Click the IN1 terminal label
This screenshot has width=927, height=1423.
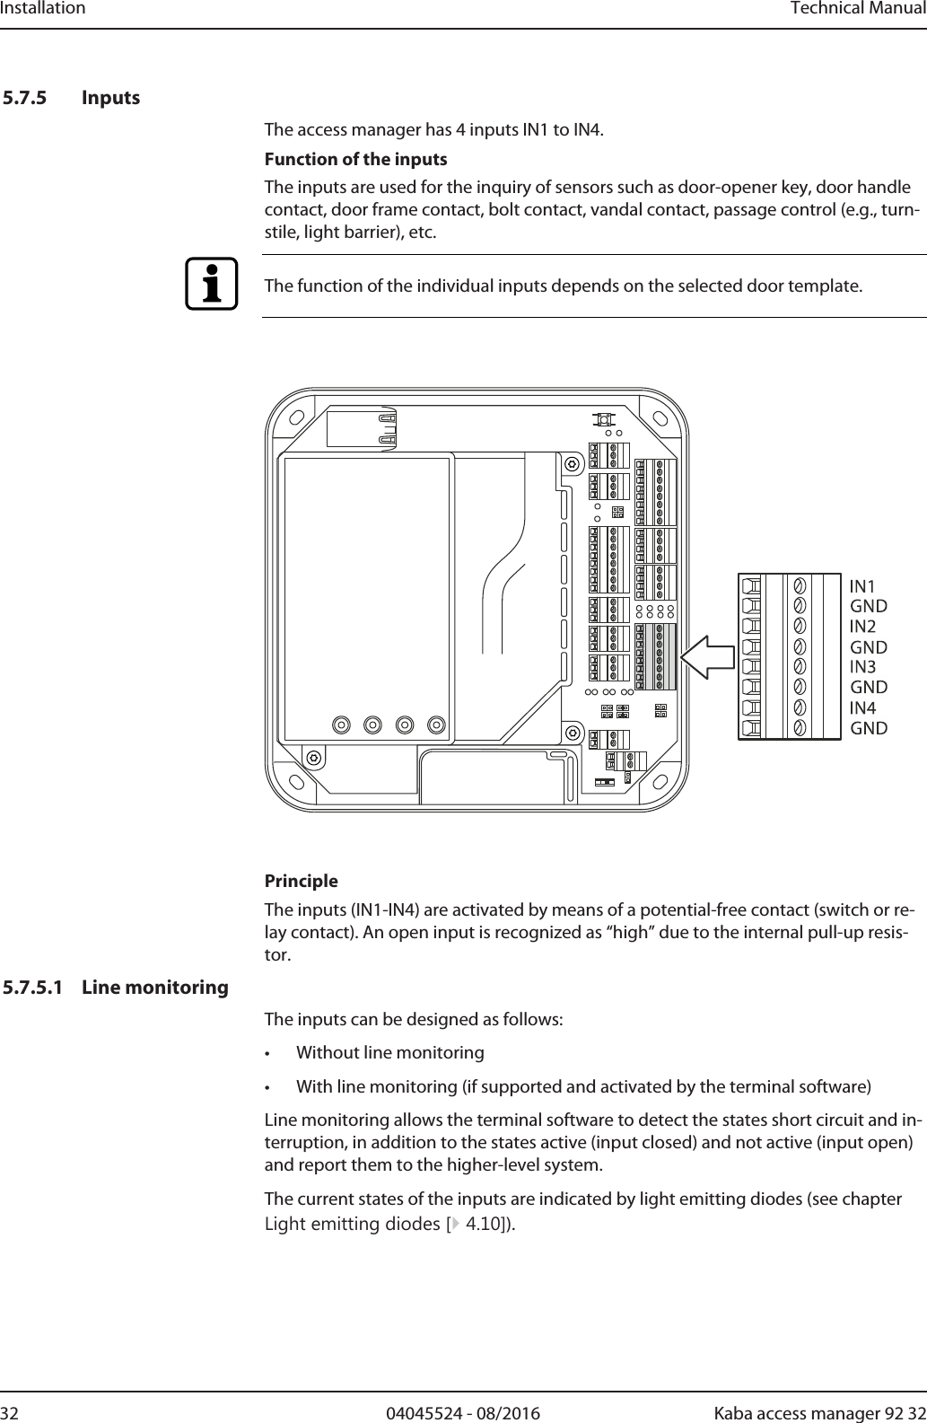click(x=862, y=586)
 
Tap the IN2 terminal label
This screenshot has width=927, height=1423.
click(x=862, y=626)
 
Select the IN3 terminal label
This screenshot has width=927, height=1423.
click(x=862, y=666)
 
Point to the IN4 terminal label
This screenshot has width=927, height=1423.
click(x=862, y=707)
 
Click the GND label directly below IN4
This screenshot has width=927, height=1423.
click(x=869, y=728)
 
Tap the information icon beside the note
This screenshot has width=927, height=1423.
click(x=212, y=284)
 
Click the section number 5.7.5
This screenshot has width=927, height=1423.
click(x=26, y=97)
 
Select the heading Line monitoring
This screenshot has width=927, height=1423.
click(x=155, y=988)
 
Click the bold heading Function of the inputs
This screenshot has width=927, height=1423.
click(x=355, y=160)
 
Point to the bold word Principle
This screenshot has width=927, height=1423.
click(x=301, y=881)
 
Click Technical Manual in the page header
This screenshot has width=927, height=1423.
click(x=857, y=9)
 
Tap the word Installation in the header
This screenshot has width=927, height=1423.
click(x=43, y=9)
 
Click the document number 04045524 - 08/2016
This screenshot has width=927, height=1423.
click(x=463, y=1414)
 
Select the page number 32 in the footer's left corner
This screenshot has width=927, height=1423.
click(x=11, y=1414)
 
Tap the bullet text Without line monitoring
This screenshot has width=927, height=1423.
click(x=389, y=1052)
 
